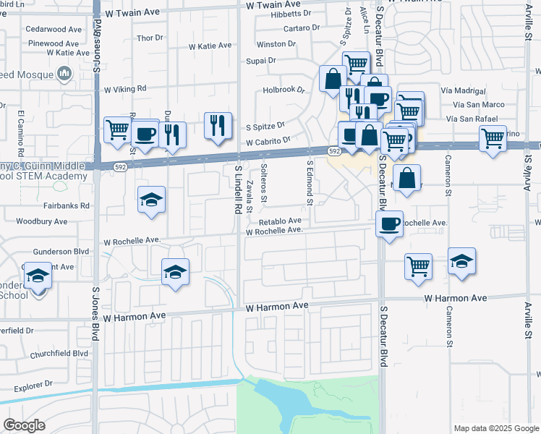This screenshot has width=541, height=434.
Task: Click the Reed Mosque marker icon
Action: [64, 72]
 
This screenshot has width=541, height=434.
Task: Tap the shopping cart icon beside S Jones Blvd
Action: [117, 130]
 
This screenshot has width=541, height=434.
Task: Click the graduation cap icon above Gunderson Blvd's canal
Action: [174, 272]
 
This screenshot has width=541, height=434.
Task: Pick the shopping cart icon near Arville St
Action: [493, 137]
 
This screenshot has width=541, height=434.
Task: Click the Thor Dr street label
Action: [150, 38]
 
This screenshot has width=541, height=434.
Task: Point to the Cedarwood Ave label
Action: [54, 30]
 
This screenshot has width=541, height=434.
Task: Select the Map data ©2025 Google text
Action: [495, 428]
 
